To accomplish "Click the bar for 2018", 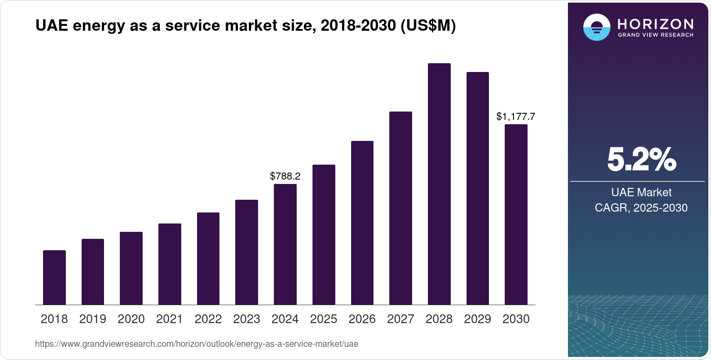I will [x=54, y=277].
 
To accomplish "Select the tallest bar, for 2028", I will [x=439, y=184].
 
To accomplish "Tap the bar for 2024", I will [x=285, y=245].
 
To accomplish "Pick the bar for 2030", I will [x=516, y=215].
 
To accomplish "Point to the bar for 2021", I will [x=170, y=264].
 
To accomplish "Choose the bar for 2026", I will [x=362, y=223].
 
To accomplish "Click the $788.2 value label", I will [x=285, y=176].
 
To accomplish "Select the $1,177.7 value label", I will [x=516, y=117].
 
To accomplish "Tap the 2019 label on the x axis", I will [x=93, y=319].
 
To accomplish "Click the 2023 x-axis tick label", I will [x=247, y=319].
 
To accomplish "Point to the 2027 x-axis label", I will [x=401, y=319].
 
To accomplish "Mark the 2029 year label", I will [x=478, y=319].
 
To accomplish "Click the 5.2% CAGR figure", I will [x=641, y=159].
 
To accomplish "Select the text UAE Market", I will [x=641, y=192].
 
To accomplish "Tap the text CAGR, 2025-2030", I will [x=641, y=208].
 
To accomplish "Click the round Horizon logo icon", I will [x=596, y=27].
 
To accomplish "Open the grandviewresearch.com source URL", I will [x=197, y=344].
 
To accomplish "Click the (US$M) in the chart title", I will [x=428, y=25].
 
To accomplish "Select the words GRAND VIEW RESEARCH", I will [x=655, y=35].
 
